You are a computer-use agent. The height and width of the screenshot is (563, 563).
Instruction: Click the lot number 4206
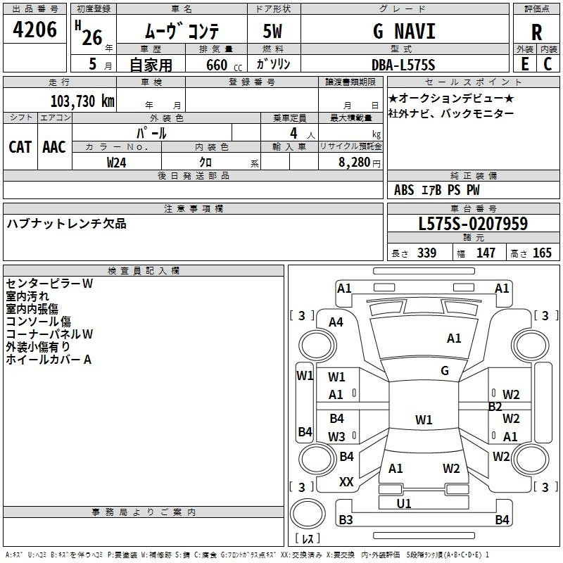tap(35, 29)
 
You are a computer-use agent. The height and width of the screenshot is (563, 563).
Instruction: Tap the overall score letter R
tap(536, 32)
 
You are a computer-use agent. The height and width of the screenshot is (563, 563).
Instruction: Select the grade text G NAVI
tap(403, 32)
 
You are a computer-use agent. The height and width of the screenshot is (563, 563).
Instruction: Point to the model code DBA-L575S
tap(403, 65)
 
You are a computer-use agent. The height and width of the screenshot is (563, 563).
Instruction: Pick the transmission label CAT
tap(20, 146)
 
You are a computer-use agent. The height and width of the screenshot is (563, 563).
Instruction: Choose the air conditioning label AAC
tap(54, 146)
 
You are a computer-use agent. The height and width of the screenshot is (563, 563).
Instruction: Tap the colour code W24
tap(117, 162)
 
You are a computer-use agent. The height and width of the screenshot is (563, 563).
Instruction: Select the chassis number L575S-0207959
tap(473, 224)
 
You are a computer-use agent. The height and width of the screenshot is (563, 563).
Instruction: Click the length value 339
tap(426, 253)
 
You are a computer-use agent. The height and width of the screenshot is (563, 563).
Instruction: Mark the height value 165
tap(542, 253)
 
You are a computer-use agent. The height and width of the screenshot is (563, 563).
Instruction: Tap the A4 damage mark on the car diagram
tap(336, 322)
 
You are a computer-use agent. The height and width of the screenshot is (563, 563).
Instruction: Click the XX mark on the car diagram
tap(346, 482)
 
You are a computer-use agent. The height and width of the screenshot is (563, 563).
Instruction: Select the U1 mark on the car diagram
tap(404, 504)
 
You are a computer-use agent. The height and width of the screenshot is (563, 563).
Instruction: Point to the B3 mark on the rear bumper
tap(346, 520)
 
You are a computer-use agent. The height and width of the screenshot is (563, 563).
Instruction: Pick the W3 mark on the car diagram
tap(336, 436)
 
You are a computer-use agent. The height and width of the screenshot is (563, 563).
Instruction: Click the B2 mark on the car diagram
tap(495, 406)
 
